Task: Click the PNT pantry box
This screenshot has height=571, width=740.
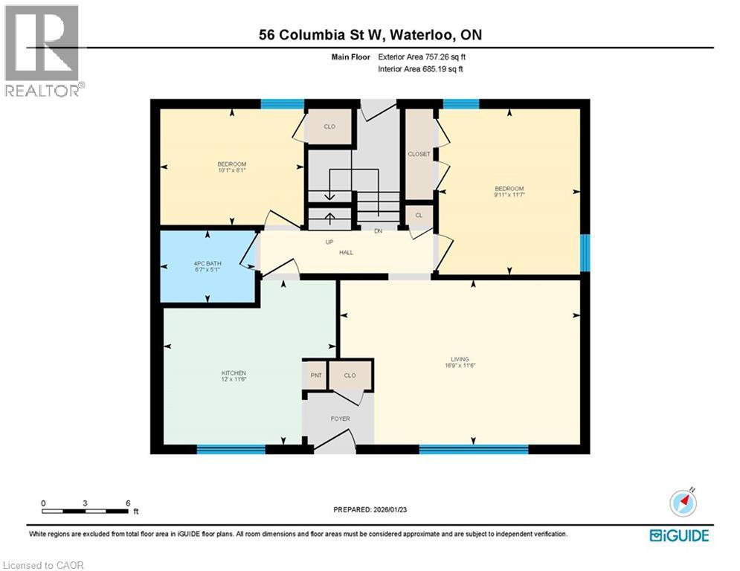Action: coord(315,375)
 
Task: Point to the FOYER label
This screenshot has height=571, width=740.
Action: coord(340,419)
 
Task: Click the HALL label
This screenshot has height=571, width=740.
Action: coord(346,253)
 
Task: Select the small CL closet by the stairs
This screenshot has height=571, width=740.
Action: coord(419,215)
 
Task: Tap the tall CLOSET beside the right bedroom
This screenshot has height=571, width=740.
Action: coord(419,154)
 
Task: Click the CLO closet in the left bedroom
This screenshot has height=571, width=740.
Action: coord(329,127)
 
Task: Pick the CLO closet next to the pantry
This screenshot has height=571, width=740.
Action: coord(350,375)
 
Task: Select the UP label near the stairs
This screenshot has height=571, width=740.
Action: coord(328,242)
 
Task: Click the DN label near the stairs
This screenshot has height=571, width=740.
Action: coord(378,231)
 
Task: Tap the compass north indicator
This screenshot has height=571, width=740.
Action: coord(683,502)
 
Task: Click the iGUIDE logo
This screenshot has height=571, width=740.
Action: coord(679,535)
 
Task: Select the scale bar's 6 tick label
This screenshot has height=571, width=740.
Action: coord(128,503)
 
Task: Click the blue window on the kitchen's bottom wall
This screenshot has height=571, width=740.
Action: coord(231,449)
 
